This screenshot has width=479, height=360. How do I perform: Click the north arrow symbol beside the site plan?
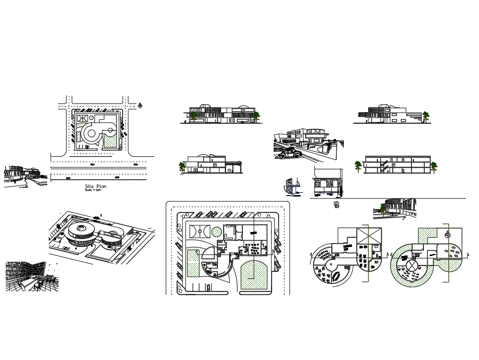[x=140, y=105]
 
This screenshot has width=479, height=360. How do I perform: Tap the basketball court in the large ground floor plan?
[x=198, y=232]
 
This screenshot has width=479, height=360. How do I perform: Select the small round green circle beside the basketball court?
[x=217, y=232]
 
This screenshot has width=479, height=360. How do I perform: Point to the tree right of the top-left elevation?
[x=257, y=115]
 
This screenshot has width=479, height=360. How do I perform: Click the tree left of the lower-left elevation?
[x=182, y=167]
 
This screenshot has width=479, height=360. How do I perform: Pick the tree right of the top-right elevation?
[x=425, y=115]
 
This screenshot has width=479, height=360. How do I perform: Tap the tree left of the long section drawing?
[x=358, y=166]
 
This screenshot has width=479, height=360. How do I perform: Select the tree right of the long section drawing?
[x=433, y=167]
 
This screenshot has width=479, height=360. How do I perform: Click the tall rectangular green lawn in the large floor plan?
[x=194, y=264]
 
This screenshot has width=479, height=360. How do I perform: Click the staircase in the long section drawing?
[x=382, y=165]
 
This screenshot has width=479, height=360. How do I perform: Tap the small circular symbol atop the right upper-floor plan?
[x=448, y=235]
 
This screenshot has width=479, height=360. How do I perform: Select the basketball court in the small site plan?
[x=83, y=116]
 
